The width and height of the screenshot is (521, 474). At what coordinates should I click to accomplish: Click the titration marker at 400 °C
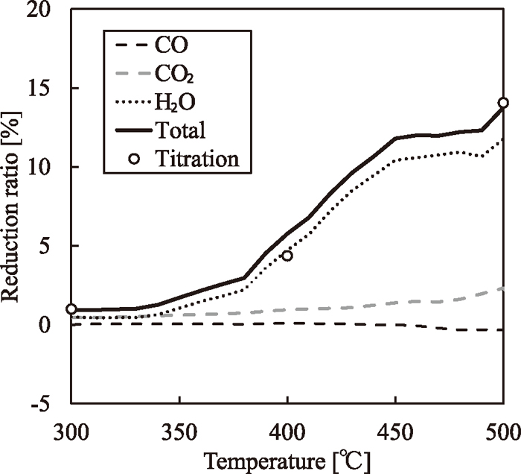coord(287,256)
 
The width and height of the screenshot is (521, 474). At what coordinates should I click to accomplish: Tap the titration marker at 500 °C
coord(504,103)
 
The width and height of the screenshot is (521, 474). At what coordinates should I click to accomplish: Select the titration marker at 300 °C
coord(71,309)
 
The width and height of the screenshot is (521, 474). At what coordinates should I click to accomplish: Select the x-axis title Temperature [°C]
coord(288,456)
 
